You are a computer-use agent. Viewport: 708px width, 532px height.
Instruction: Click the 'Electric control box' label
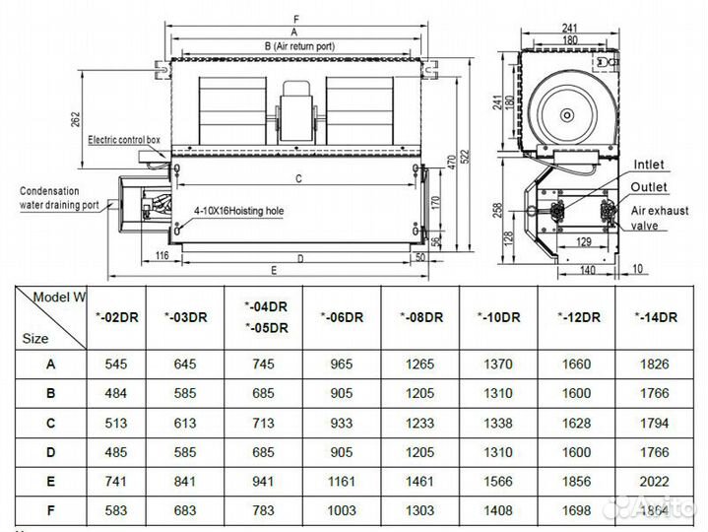(124, 140)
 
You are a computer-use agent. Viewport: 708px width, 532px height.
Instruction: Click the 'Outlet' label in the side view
(650, 186)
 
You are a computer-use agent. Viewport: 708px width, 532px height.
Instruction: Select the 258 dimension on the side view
(498, 210)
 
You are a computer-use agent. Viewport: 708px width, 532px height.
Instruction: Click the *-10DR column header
(499, 316)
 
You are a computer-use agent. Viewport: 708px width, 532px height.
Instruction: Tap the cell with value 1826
(660, 364)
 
